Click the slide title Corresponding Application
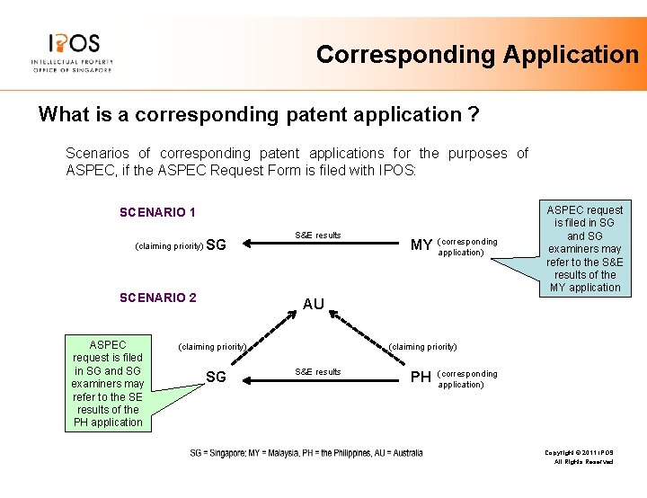[477, 55]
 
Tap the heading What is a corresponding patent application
[259, 115]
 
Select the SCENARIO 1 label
[157, 213]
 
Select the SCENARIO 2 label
[157, 298]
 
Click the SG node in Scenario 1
[216, 245]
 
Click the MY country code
[421, 245]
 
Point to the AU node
[313, 305]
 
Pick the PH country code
[421, 377]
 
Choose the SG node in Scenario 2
[216, 377]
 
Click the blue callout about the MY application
[584, 248]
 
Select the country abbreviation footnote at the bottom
[306, 453]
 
